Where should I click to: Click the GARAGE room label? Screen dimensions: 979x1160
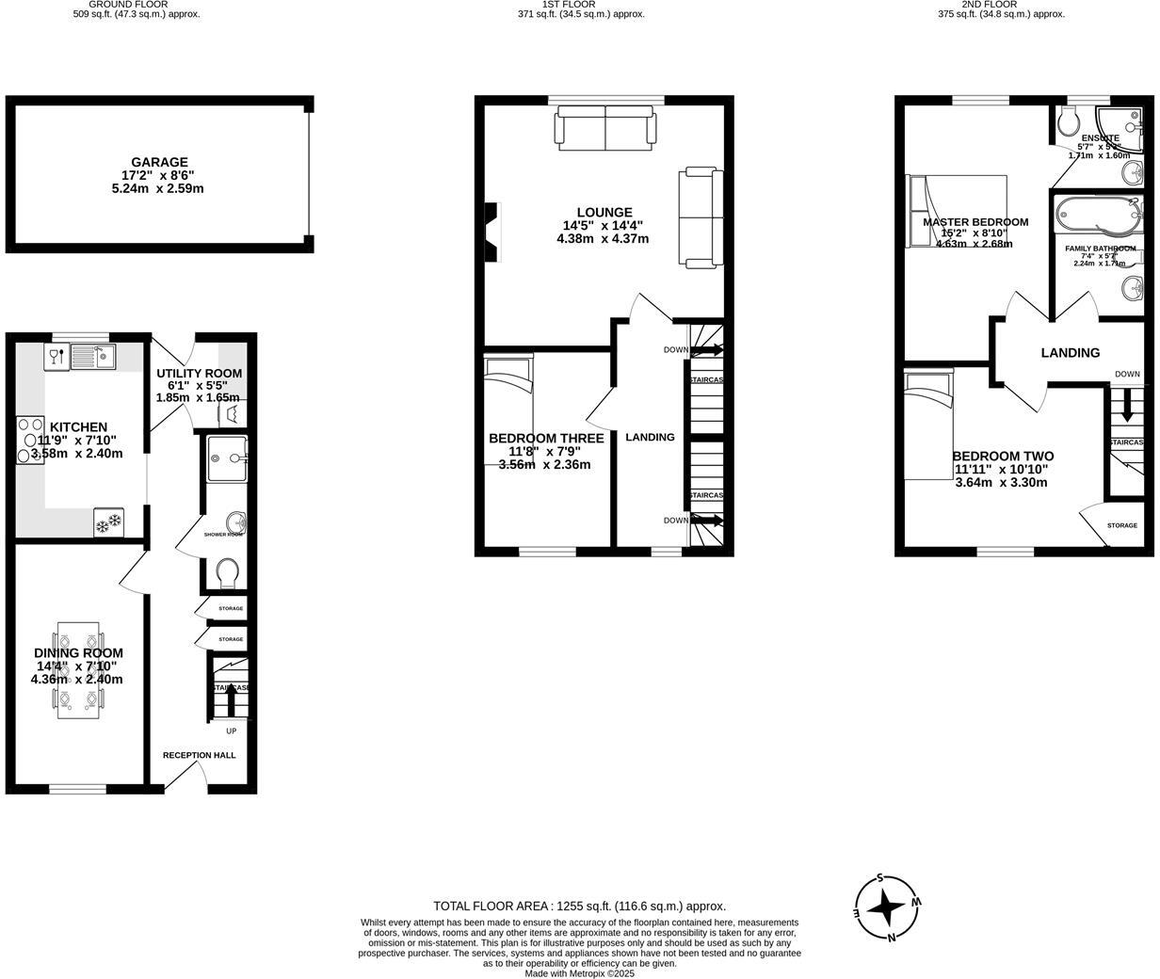[x=159, y=162]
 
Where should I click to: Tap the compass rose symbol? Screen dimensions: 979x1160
[x=886, y=908]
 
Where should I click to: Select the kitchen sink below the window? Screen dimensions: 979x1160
[x=92, y=356]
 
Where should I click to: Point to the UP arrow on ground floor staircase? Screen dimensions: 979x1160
[x=230, y=704]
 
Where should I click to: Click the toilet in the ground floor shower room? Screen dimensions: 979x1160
[x=228, y=572]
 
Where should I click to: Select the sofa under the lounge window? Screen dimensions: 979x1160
[x=605, y=128]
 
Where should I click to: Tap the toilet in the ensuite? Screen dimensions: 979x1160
[x=1069, y=121]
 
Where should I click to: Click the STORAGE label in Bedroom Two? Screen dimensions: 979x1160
[x=1121, y=525]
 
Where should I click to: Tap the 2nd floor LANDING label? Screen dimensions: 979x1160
[x=1070, y=353]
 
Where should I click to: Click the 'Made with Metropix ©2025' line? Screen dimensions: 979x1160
[x=579, y=973]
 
